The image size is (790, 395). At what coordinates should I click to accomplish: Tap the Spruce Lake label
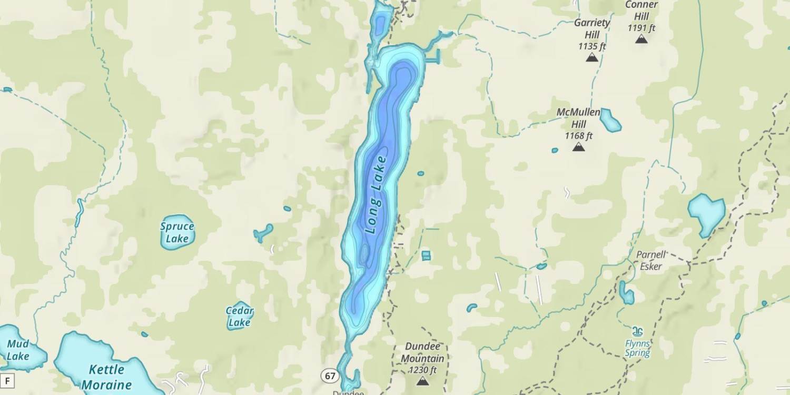[177, 233]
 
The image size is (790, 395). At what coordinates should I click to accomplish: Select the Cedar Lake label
[240, 317]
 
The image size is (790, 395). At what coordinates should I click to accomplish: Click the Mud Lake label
[17, 350]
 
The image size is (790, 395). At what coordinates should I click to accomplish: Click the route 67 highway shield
[330, 376]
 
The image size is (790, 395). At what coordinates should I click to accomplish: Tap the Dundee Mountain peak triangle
[422, 381]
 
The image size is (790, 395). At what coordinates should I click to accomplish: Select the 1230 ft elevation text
[422, 370]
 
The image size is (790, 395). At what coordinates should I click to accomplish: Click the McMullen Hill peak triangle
[579, 147]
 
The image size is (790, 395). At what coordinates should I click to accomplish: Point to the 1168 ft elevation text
[579, 136]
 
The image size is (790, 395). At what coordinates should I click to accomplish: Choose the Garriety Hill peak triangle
[592, 57]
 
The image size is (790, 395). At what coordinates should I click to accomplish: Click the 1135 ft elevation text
[592, 46]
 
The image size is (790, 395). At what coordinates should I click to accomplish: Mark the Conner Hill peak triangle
[641, 38]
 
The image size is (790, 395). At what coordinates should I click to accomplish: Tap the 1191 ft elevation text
[641, 27]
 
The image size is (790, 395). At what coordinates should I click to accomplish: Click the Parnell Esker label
[651, 261]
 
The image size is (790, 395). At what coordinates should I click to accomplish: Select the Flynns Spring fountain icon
[638, 332]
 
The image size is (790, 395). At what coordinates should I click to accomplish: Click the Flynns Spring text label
[638, 348]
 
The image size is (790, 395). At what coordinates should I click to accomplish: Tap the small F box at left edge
[7, 380]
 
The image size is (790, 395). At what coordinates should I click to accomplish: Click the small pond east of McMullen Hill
[610, 120]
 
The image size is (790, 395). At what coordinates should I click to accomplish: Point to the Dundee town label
[348, 392]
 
